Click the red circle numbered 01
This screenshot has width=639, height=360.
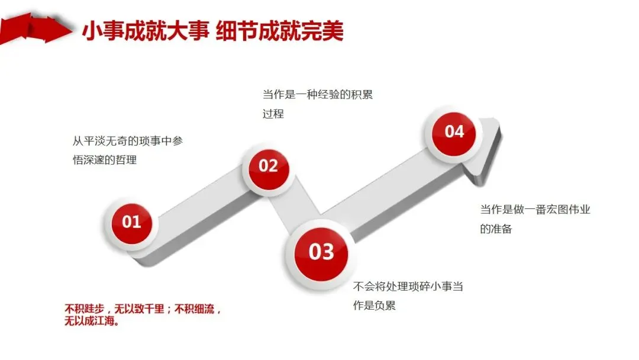click(x=131, y=223)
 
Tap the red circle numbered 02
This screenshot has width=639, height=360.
click(x=268, y=166)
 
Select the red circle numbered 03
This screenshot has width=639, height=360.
click(x=321, y=252)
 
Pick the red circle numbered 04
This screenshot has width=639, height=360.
click(x=454, y=131)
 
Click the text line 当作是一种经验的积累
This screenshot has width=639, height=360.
click(x=318, y=95)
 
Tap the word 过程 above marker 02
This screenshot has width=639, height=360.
click(x=273, y=114)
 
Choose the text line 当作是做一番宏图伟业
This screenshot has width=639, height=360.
click(x=535, y=210)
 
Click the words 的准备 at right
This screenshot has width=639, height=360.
click(x=496, y=229)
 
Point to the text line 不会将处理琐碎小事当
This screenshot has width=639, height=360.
click(x=408, y=287)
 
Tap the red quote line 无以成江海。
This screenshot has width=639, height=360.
click(x=92, y=323)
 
